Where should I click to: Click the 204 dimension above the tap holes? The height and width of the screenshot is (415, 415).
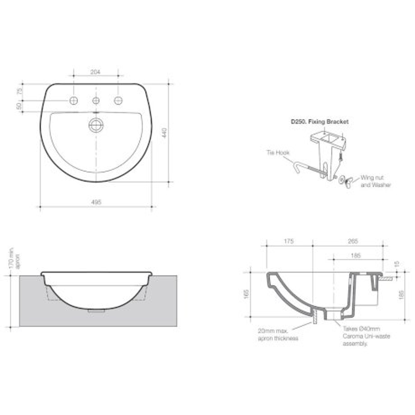[96, 72]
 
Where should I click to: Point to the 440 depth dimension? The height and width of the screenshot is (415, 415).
[164, 133]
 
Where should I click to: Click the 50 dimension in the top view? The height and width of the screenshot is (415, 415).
[18, 106]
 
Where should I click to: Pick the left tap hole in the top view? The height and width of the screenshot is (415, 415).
[73, 100]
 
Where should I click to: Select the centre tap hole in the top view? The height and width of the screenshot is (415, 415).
[96, 100]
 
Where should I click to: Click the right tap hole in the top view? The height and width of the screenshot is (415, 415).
[118, 100]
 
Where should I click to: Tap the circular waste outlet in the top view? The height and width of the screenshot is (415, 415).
[96, 125]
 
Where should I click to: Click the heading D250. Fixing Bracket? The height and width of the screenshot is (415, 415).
[319, 122]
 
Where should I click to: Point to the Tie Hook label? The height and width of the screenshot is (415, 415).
[278, 153]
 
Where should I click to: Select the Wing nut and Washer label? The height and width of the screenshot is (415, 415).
[375, 181]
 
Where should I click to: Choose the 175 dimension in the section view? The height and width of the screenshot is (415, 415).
[289, 241]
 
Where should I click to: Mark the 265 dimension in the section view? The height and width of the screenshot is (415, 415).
[352, 241]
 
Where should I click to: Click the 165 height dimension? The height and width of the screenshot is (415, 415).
[246, 294]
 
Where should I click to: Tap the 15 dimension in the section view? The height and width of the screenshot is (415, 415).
[397, 265]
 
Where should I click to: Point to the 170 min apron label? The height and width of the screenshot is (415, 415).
[14, 258]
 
